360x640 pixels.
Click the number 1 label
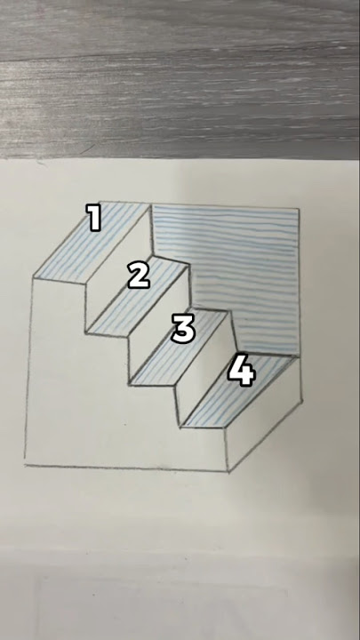(94, 218)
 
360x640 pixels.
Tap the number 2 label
(139, 276)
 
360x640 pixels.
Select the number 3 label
(183, 329)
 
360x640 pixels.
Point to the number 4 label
(242, 371)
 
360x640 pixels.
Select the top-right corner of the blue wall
(299, 210)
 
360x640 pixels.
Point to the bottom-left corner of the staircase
(25, 463)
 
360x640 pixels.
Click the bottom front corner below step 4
(230, 470)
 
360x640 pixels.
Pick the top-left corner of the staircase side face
(34, 277)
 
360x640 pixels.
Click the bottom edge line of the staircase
(124, 467)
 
